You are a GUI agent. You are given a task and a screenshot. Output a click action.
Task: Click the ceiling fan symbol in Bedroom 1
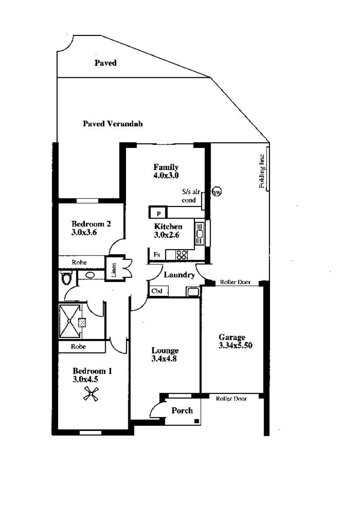[90, 394]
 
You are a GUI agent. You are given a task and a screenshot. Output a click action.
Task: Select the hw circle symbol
[217, 192]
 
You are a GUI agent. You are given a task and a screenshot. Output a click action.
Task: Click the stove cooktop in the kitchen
[182, 255]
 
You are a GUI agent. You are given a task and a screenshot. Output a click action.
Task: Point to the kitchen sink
[199, 233]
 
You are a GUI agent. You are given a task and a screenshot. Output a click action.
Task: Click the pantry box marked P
[158, 213]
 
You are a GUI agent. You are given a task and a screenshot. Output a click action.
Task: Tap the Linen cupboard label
[114, 269]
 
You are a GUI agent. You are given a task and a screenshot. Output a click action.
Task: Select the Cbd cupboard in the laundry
[158, 291]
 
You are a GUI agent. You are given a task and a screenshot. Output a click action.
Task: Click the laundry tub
[193, 291]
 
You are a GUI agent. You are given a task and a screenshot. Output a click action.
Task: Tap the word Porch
[182, 411]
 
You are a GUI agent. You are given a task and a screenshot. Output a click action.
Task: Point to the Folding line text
[261, 171]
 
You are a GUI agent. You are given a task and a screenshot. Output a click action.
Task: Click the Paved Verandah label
[112, 124]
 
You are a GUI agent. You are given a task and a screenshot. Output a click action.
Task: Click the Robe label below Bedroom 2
[79, 262]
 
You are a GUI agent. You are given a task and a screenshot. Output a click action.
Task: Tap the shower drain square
[81, 322]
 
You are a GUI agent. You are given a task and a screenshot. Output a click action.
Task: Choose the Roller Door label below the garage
[231, 398]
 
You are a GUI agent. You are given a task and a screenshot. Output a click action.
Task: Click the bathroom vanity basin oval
[90, 275]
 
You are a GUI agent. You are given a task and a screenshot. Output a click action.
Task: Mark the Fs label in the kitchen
[157, 255]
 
